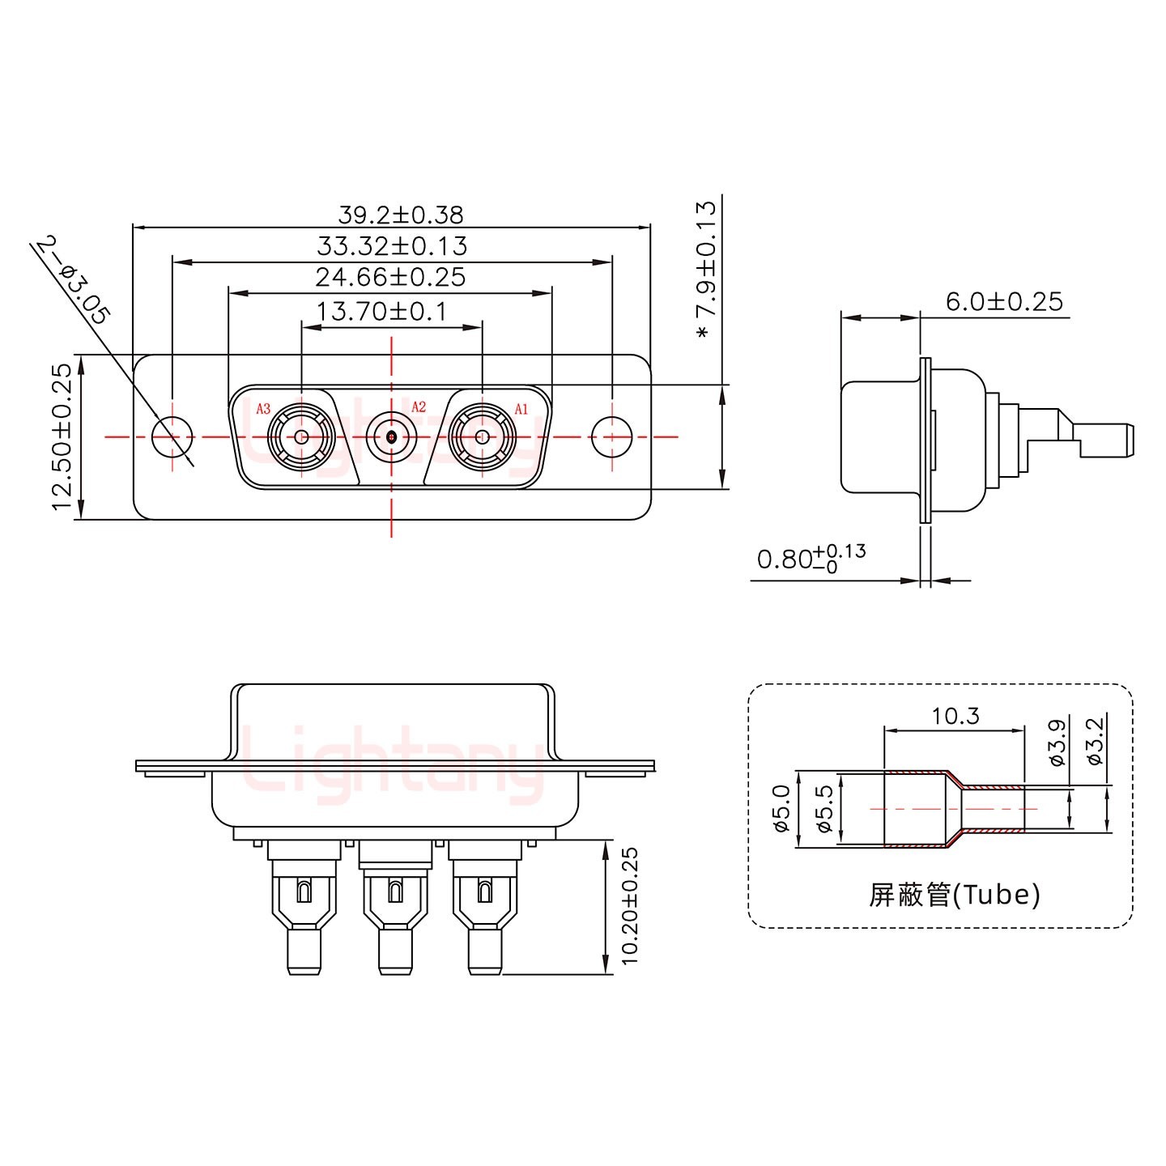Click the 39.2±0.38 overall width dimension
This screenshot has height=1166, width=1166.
(400, 215)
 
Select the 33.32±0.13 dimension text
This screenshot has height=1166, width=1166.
(392, 245)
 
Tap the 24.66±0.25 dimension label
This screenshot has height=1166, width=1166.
(390, 277)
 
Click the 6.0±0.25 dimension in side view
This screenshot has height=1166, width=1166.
(1003, 301)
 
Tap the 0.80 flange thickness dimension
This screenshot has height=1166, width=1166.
(810, 559)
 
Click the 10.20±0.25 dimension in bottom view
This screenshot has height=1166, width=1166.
(631, 904)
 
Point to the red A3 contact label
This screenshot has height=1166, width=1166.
(263, 409)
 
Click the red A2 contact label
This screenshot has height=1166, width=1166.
(418, 407)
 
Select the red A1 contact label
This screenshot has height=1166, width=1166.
(521, 409)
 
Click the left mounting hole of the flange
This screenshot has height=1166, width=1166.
(172, 437)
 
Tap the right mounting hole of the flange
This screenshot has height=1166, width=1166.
(611, 437)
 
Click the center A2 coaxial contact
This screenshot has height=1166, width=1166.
(392, 437)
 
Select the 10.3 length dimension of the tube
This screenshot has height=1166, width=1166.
(955, 716)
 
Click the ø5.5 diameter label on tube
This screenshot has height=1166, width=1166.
(825, 810)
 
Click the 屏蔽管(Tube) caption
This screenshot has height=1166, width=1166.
(954, 895)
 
